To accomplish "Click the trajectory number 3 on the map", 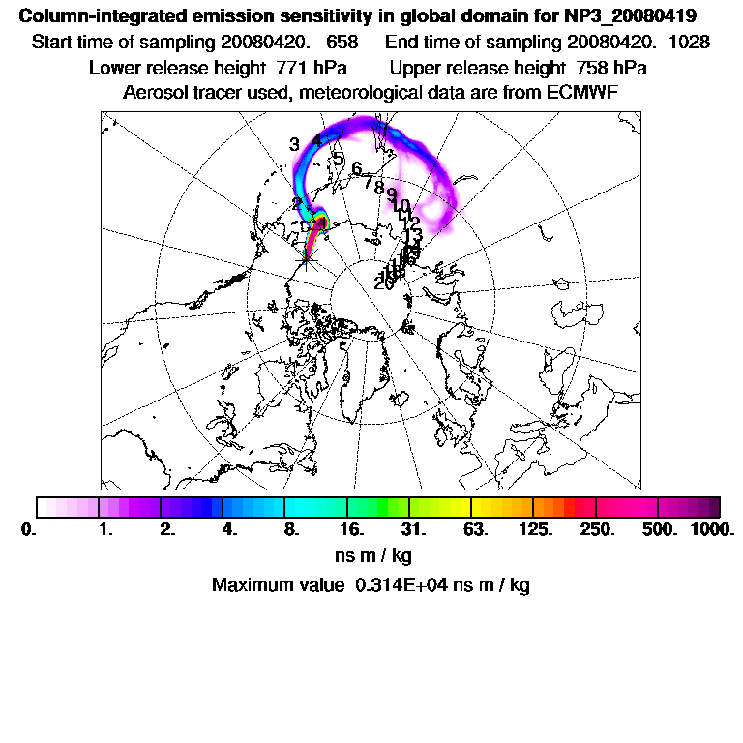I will tap(294, 144).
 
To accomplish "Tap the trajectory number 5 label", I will tap(338, 159).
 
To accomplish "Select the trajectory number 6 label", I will tap(357, 169).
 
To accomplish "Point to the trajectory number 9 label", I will tap(391, 194).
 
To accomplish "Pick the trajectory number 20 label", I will tap(383, 283).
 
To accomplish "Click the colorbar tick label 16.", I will tap(351, 529).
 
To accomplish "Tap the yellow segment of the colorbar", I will tap(455, 507).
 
